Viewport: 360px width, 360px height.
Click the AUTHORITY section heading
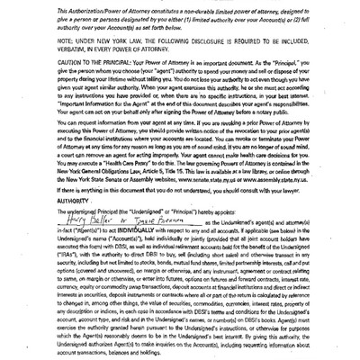(45, 201)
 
